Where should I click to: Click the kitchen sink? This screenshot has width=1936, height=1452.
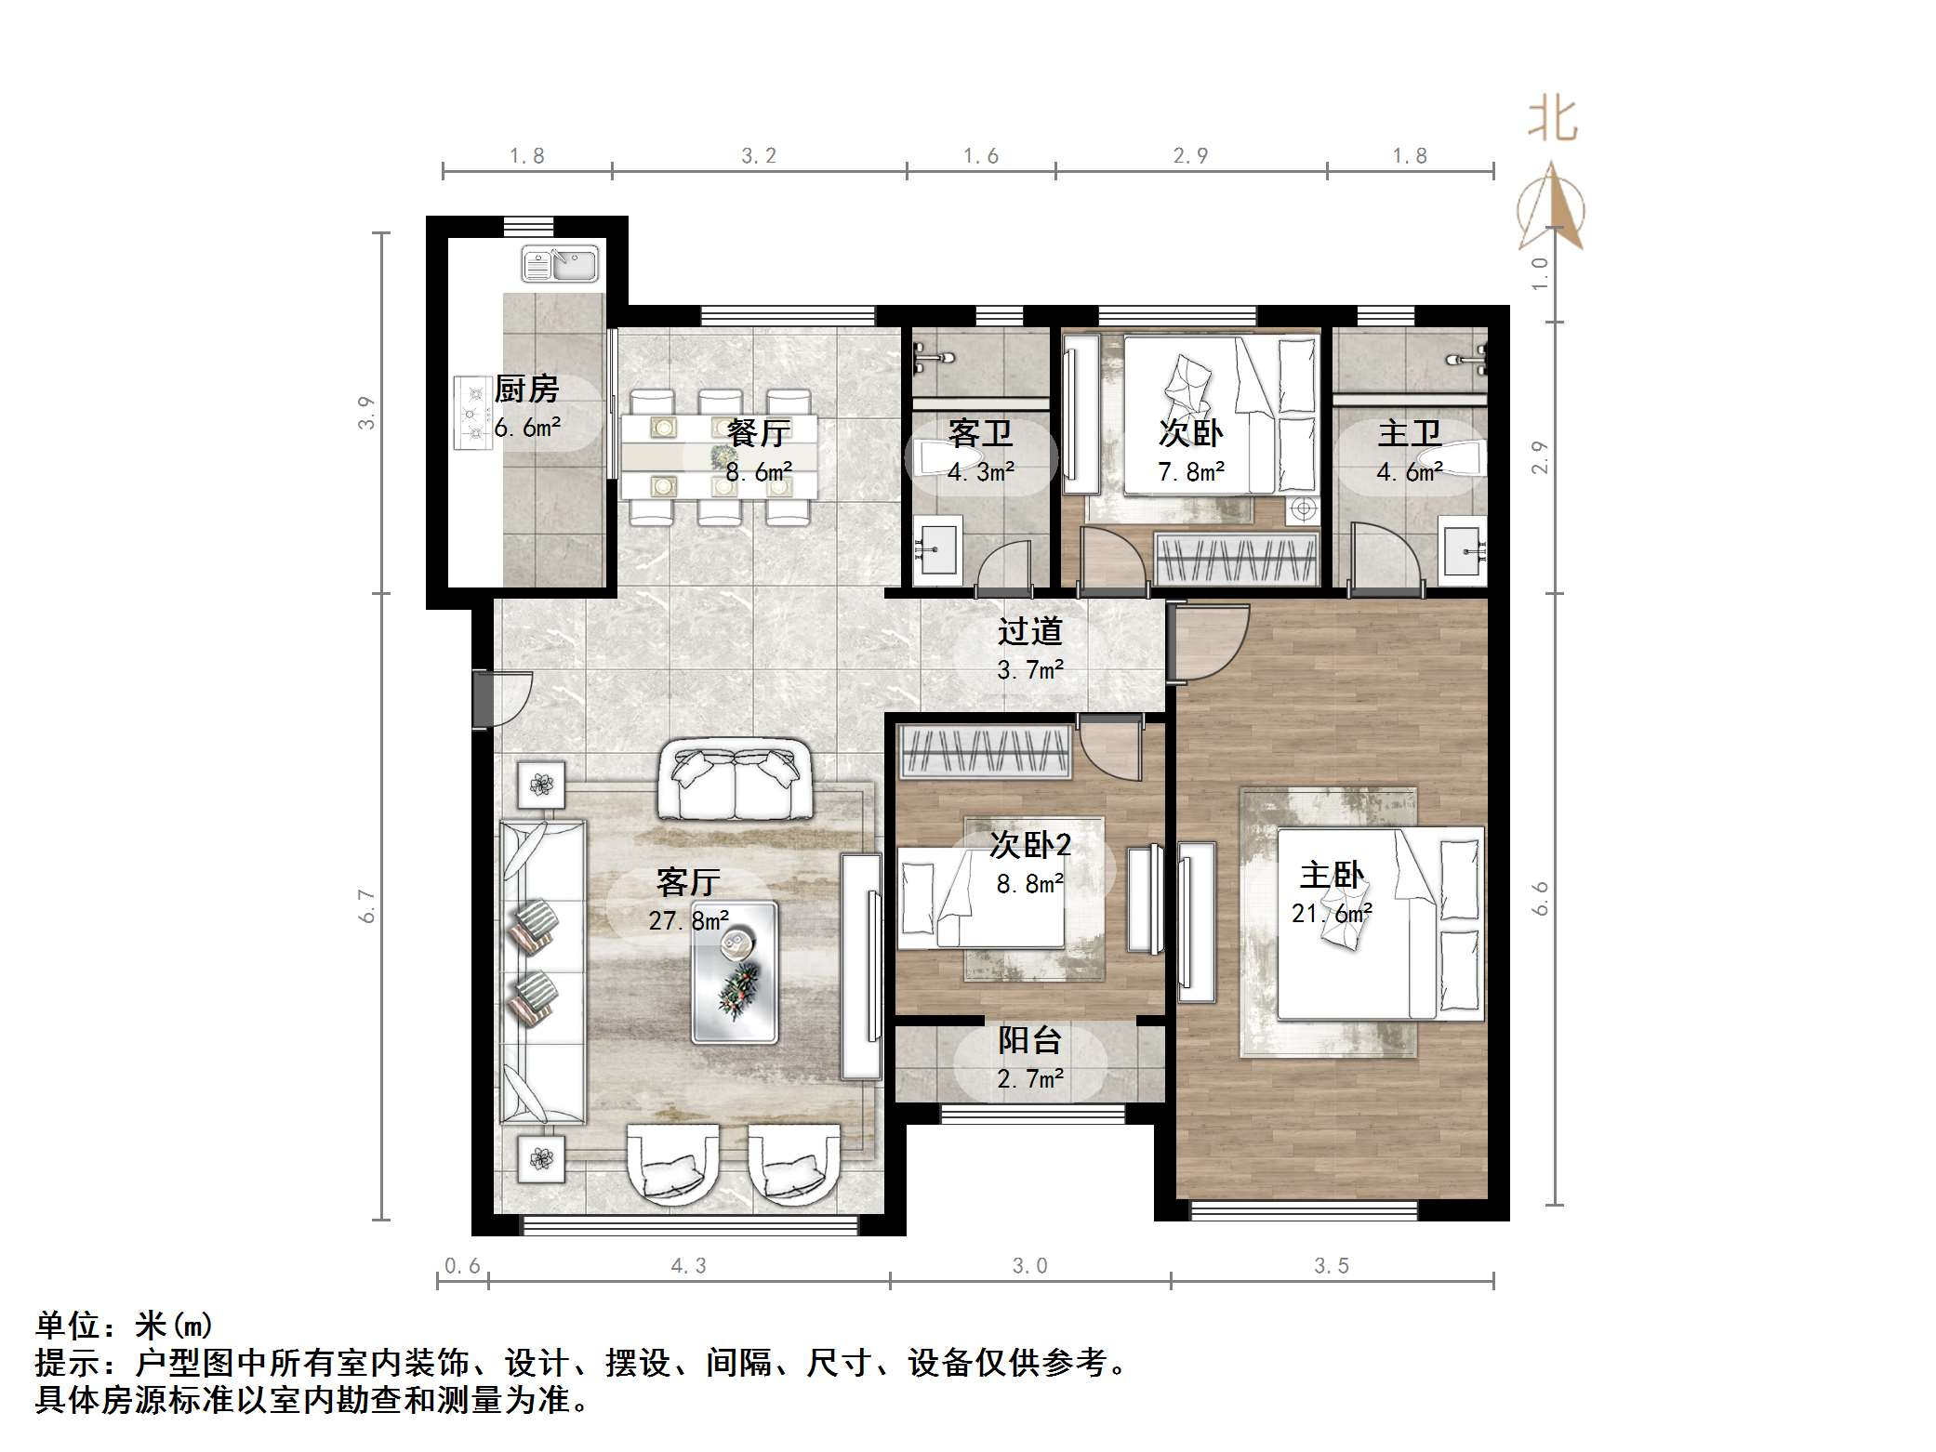tap(560, 264)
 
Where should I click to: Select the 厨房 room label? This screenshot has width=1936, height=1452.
tap(526, 389)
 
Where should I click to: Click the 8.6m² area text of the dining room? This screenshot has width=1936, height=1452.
tap(759, 472)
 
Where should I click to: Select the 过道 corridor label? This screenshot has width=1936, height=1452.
tap(1029, 631)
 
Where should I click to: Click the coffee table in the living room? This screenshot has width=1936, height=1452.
tap(735, 972)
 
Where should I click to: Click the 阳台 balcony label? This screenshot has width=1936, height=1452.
tap(1029, 1040)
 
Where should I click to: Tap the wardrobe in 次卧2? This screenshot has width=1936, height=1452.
tap(986, 751)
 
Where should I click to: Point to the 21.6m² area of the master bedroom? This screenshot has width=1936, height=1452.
tap(1332, 914)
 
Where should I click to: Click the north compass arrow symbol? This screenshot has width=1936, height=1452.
tap(1551, 208)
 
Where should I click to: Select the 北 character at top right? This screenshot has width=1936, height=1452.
tap(1552, 120)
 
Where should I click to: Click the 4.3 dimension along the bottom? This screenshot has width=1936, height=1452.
tap(688, 1265)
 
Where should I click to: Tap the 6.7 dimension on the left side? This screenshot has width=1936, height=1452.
tap(368, 905)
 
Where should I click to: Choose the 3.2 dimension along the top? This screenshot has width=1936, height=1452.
tap(759, 156)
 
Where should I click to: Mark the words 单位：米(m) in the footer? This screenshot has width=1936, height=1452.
tap(125, 1325)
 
